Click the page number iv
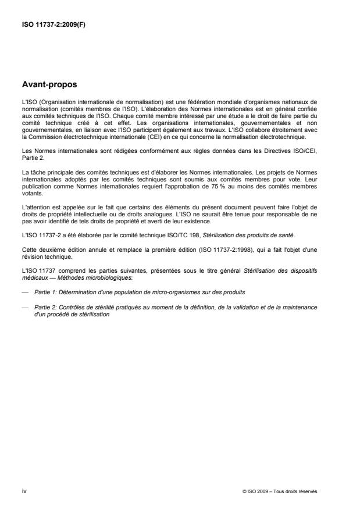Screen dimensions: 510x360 pyautogui.click(x=24, y=491)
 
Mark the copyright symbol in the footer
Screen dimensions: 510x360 pyautogui.click(x=244, y=491)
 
